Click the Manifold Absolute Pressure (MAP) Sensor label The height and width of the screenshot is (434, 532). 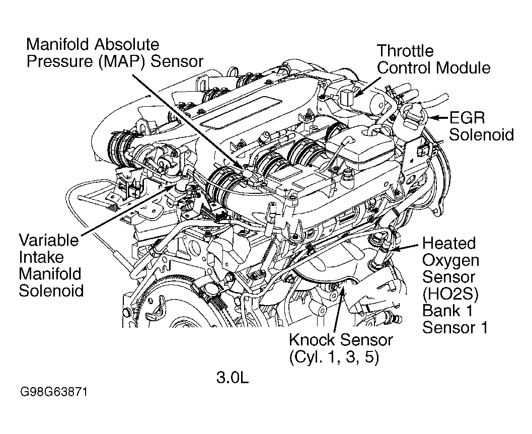pyautogui.click(x=115, y=52)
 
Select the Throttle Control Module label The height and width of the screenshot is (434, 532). pyautogui.click(x=433, y=59)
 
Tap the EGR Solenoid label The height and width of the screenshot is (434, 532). pyautogui.click(x=481, y=126)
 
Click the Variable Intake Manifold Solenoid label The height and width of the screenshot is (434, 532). pyautogui.click(x=50, y=265)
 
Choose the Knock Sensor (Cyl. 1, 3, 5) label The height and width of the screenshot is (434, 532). pyautogui.click(x=340, y=348)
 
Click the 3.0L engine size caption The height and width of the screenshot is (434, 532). pyautogui.click(x=233, y=377)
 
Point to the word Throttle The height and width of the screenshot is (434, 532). pyautogui.click(x=405, y=51)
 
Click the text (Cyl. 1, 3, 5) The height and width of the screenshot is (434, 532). pyautogui.click(x=334, y=356)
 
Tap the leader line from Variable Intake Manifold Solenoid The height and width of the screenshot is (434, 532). pyautogui.click(x=126, y=211)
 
